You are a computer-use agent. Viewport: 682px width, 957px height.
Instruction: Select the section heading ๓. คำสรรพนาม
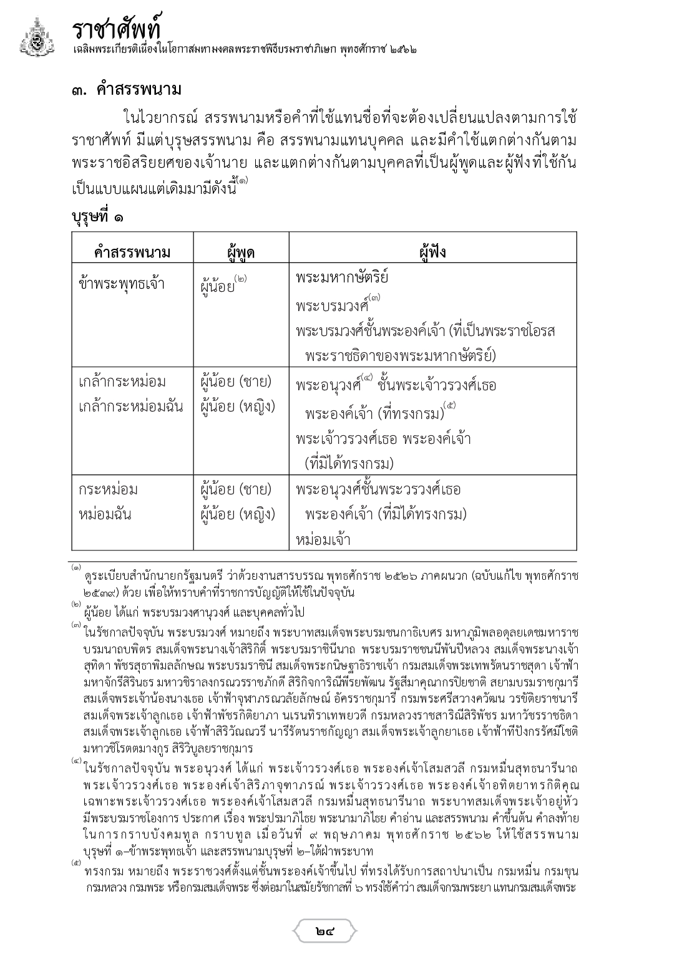point(126,90)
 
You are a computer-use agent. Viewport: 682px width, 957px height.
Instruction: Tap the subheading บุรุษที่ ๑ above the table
point(97,217)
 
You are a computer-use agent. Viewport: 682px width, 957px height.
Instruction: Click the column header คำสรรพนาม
point(132,252)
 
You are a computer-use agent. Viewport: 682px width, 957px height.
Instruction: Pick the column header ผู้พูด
point(240,252)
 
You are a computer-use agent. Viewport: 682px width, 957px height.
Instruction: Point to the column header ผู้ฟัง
point(432,252)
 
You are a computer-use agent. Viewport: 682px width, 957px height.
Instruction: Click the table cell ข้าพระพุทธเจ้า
point(122,284)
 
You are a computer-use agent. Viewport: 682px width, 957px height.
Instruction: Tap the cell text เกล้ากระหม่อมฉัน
point(131,407)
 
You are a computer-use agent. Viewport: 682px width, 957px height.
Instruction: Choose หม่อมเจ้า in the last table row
point(323,540)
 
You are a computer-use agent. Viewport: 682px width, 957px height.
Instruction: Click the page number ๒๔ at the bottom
point(325,932)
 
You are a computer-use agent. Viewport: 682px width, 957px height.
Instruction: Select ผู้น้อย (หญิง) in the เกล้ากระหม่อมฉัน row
point(238,407)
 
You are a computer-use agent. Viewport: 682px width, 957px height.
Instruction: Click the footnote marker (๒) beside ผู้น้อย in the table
point(241,279)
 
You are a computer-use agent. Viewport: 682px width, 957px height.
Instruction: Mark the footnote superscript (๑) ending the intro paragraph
point(242,181)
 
